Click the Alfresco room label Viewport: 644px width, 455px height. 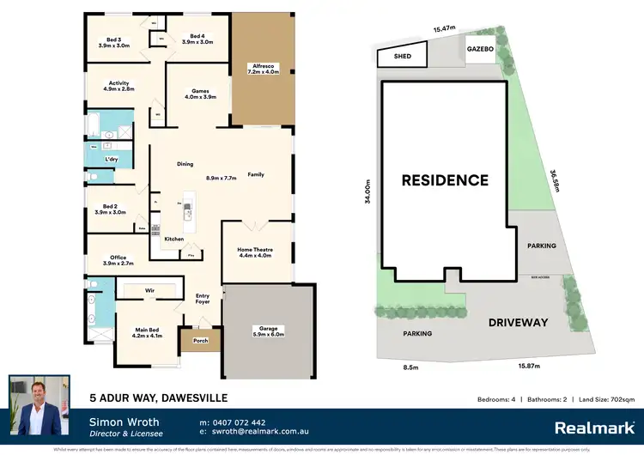(x=262, y=69)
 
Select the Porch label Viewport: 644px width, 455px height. (x=200, y=340)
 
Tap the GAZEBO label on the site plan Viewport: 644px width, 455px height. (x=480, y=50)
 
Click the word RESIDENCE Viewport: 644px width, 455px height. (x=445, y=180)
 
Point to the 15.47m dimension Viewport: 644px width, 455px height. (x=444, y=29)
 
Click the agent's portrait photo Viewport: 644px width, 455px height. (x=39, y=404)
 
